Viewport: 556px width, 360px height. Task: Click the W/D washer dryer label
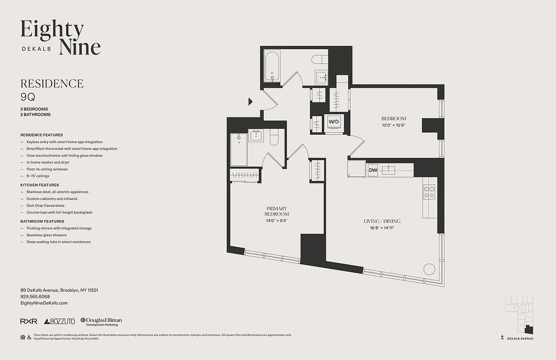pos(333,121)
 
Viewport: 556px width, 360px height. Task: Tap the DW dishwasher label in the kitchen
pos(373,170)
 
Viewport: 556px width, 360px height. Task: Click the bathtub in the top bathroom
pos(273,67)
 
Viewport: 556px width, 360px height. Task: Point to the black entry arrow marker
pos(251,102)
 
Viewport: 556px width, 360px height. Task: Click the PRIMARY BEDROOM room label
pos(277,211)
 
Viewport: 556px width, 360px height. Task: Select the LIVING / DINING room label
pos(382,221)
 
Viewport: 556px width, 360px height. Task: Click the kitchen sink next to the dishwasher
pos(388,170)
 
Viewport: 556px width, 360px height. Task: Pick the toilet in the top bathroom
pos(320,60)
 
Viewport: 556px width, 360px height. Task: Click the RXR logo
pos(28,321)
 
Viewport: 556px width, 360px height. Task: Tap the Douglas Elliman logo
pos(101,321)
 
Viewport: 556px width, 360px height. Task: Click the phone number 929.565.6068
pos(35,297)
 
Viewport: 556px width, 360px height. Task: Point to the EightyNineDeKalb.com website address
pos(44,303)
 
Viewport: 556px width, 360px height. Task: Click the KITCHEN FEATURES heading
pos(40,185)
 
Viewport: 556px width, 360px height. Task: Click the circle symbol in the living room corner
pos(429,270)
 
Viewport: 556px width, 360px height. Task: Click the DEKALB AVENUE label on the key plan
pos(520,338)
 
